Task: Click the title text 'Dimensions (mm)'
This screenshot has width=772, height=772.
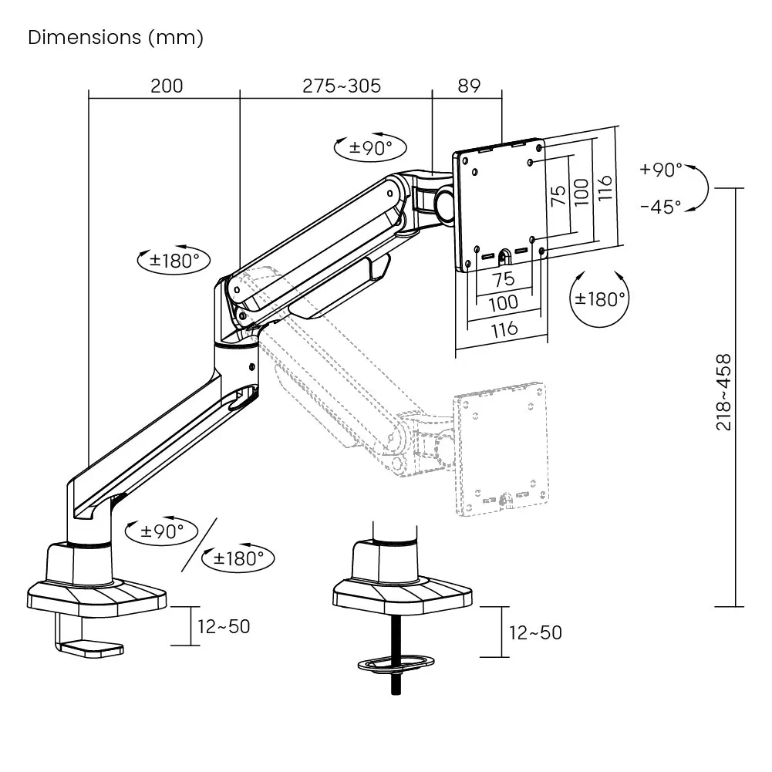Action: tap(116, 38)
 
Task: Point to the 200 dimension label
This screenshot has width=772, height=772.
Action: tap(167, 86)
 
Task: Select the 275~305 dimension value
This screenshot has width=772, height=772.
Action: tap(342, 86)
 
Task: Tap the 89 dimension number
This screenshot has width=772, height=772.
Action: tap(469, 86)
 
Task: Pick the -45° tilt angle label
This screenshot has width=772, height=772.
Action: tap(661, 207)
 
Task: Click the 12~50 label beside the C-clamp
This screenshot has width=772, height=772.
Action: tap(224, 626)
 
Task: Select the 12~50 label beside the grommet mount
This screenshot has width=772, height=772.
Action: tap(535, 633)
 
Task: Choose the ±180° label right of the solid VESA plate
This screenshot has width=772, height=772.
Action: tap(599, 298)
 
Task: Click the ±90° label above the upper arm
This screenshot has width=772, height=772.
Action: tap(370, 148)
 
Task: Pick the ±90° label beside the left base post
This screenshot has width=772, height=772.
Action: tap(162, 531)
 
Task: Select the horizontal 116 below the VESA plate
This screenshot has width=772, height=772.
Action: tap(504, 329)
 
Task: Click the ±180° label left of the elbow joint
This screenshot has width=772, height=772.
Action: tap(174, 260)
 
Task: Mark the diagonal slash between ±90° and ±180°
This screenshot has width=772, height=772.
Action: tap(200, 544)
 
